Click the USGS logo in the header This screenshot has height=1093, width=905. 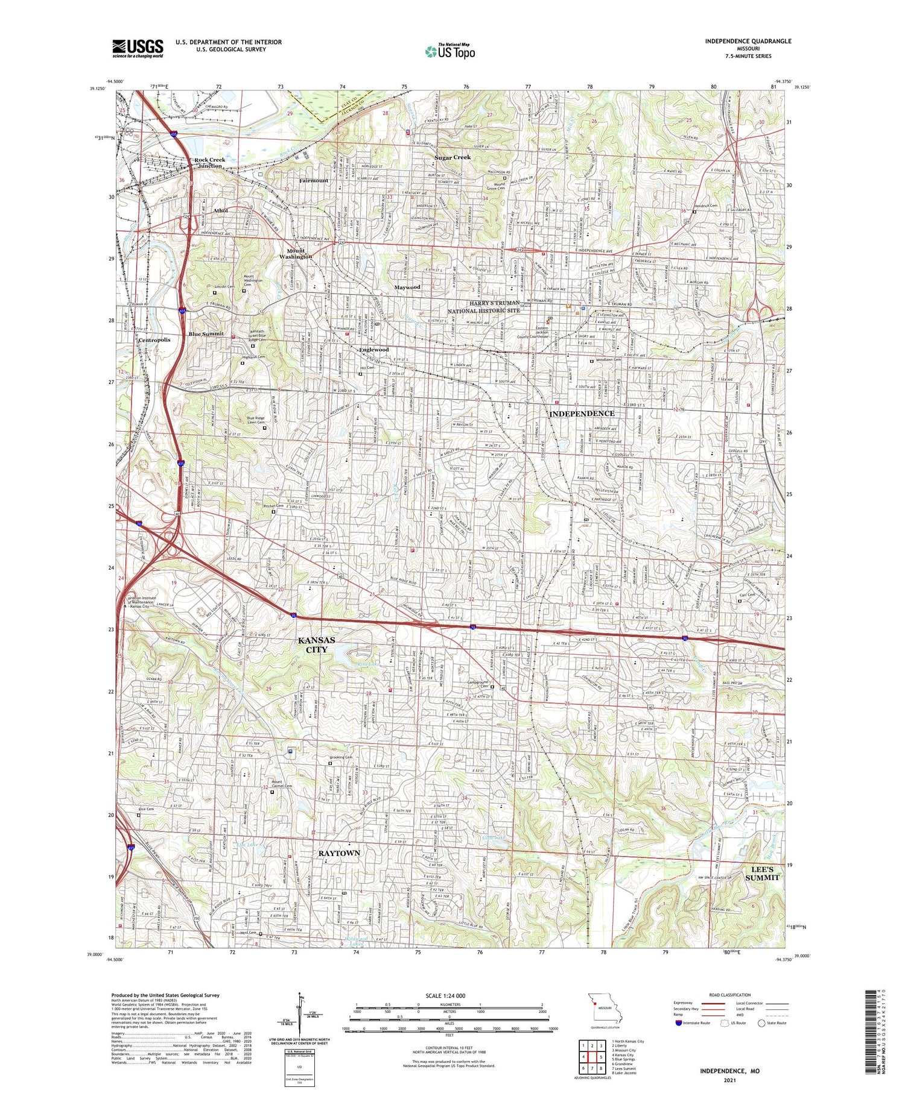[x=138, y=48]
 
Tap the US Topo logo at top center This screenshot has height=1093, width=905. [x=449, y=51]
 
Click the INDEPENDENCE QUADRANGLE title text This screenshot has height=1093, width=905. [x=748, y=41]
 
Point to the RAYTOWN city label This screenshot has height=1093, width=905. [x=339, y=853]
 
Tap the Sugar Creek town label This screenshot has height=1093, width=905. [x=453, y=157]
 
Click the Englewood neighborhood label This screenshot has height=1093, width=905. [x=374, y=350]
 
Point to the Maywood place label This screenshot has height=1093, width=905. [x=407, y=288]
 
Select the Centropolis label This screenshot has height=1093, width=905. [x=154, y=340]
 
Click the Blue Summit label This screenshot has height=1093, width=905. [x=206, y=333]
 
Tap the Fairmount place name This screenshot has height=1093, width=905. [x=314, y=180]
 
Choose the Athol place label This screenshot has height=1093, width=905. [x=220, y=210]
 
